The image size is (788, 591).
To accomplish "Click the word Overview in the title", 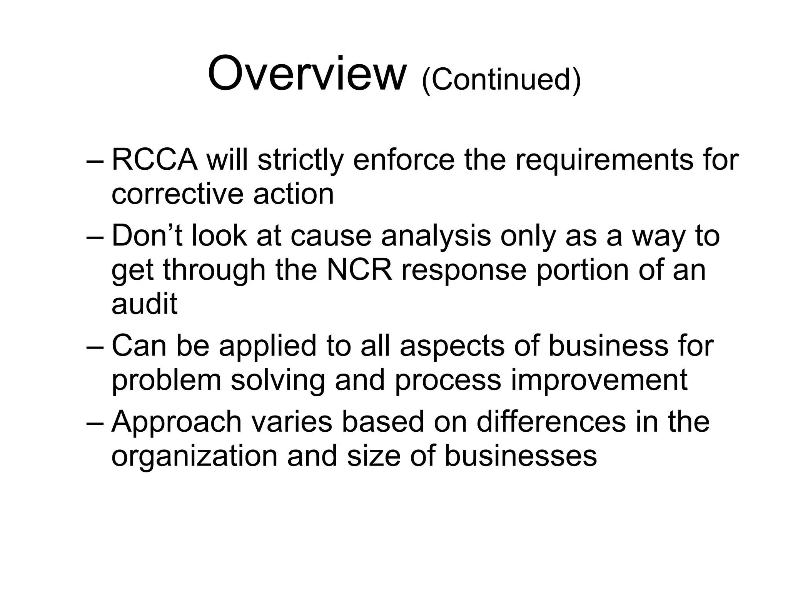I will (x=307, y=73).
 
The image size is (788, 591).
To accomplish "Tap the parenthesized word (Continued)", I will (x=501, y=80).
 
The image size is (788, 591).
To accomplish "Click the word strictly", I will (x=300, y=160).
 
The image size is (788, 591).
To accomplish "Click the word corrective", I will (x=177, y=194).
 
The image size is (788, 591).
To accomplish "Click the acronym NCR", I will (x=359, y=270).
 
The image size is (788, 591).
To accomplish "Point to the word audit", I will (x=144, y=304).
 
